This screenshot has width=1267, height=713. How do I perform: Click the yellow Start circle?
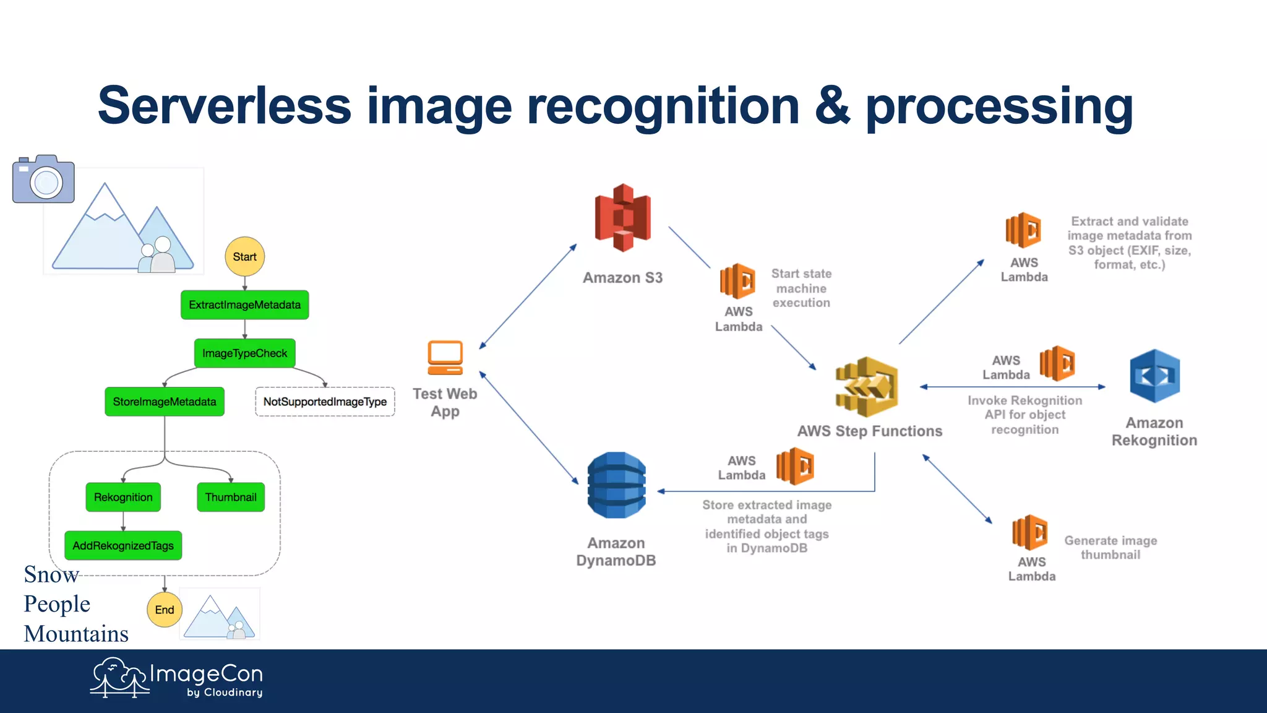244,256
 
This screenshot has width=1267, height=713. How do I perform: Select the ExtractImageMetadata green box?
244,305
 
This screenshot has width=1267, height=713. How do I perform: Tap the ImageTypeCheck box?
244,353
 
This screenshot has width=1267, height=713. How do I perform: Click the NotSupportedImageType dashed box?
325,402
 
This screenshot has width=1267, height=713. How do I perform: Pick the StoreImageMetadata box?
165,402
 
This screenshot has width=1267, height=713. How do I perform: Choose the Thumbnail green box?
231,497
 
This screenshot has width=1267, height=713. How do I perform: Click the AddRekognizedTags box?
123,545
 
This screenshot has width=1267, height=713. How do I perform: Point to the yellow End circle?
165,610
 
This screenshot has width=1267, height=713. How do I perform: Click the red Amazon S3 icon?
622,218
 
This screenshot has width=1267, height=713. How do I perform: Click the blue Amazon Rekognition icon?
1154,376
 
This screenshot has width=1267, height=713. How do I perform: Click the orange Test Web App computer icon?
445,358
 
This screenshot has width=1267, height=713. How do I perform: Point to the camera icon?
43,179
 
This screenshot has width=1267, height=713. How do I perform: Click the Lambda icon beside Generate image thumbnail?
1029,532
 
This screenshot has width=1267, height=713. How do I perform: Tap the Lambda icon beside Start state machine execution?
737,282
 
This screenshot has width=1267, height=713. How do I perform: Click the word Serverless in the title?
224,106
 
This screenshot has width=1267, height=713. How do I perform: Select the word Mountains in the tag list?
76,634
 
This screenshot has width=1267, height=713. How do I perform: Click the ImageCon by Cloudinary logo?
177,678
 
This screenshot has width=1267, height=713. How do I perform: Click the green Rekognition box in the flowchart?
123,497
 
